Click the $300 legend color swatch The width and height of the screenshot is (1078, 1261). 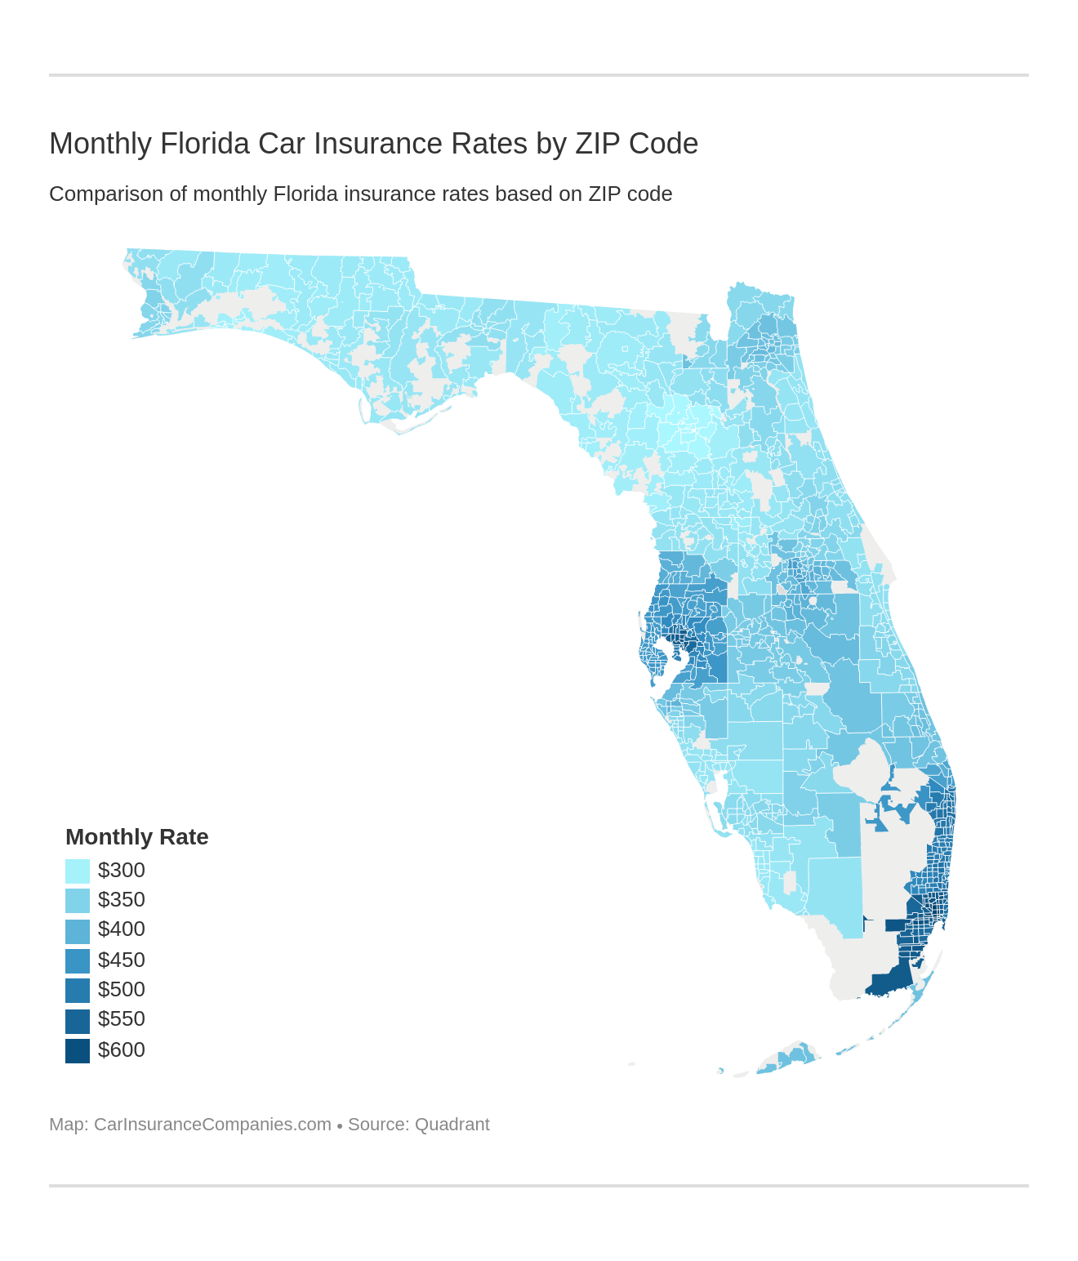tap(78, 871)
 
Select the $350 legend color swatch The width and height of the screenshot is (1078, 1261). tap(78, 900)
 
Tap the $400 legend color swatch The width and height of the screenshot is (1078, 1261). tap(78, 930)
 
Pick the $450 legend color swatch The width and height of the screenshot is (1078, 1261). tap(78, 960)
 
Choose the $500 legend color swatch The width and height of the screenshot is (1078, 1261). tap(78, 990)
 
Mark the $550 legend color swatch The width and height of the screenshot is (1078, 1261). tap(78, 1020)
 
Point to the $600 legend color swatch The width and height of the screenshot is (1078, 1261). tap(78, 1050)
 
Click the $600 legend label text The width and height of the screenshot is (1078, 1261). tap(122, 1050)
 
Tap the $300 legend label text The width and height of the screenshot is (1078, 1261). tap(122, 871)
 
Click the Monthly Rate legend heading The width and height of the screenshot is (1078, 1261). tap(137, 837)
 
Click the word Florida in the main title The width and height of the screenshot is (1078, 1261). tap(205, 144)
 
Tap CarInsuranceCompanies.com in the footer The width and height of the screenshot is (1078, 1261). tap(212, 1125)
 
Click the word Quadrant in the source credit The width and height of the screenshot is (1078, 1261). tap(452, 1125)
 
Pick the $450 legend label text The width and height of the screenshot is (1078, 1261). tap(122, 960)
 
